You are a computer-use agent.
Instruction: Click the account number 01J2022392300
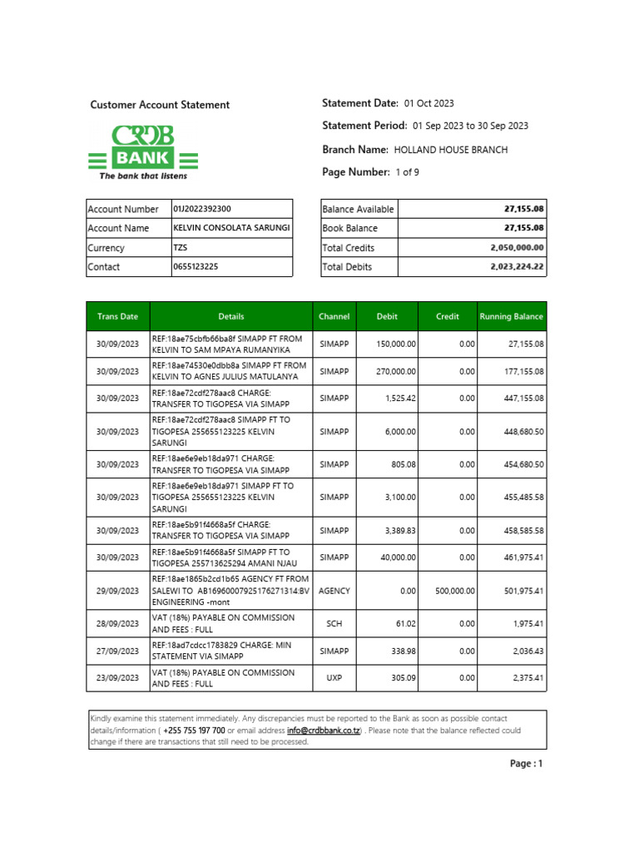pos(202,209)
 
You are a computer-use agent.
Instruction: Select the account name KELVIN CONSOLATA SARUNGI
pos(231,228)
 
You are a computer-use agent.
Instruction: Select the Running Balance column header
pos(511,316)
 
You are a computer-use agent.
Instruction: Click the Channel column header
pos(334,316)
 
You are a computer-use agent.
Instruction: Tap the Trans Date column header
pos(117,316)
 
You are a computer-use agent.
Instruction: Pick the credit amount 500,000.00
pos(454,591)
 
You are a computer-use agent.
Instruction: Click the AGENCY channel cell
pos(334,591)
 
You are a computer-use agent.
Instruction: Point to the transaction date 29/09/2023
pos(117,591)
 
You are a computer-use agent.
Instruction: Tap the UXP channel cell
pos(334,678)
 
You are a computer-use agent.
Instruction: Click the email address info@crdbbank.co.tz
pos(324,731)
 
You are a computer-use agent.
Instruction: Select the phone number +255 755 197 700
pos(194,731)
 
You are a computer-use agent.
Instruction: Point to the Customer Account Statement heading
pos(160,105)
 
